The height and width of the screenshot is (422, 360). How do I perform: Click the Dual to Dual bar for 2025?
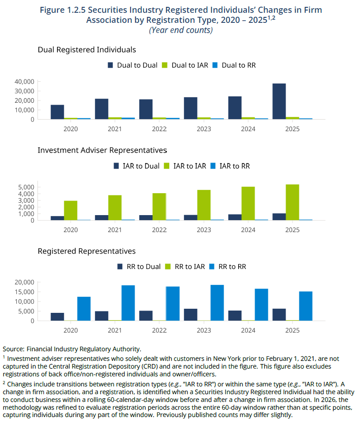[x=279, y=101]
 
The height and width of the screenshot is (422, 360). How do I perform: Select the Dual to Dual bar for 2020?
[x=57, y=112]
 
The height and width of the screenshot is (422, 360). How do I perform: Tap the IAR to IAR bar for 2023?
[x=204, y=205]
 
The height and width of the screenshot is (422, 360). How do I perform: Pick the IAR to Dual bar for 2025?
[x=279, y=217]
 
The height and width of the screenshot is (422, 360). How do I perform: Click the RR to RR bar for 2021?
[x=128, y=303]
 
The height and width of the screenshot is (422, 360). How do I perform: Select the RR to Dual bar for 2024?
[x=235, y=316]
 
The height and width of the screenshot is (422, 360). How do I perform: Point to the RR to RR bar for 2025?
[x=306, y=306]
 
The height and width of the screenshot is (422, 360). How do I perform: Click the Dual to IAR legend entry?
[x=185, y=65]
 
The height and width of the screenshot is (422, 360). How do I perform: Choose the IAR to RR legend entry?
[x=230, y=166]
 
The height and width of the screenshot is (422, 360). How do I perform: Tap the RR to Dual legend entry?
[x=139, y=267]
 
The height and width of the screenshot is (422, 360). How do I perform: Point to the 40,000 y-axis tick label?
[x=25, y=82]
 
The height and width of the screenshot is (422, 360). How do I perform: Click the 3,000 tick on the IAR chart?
[x=26, y=200]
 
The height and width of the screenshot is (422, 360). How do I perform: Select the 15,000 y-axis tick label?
[x=25, y=292]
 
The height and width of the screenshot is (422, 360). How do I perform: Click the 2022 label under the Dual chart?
[x=159, y=129]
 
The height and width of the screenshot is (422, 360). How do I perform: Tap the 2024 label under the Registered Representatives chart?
[x=248, y=330]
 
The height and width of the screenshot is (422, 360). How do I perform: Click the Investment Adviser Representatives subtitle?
[x=103, y=150]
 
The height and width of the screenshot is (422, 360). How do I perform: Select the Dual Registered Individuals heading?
[x=87, y=50]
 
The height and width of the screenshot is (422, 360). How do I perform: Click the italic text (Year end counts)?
[x=181, y=30]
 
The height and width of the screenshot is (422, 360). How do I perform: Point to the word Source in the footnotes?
[x=13, y=349]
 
